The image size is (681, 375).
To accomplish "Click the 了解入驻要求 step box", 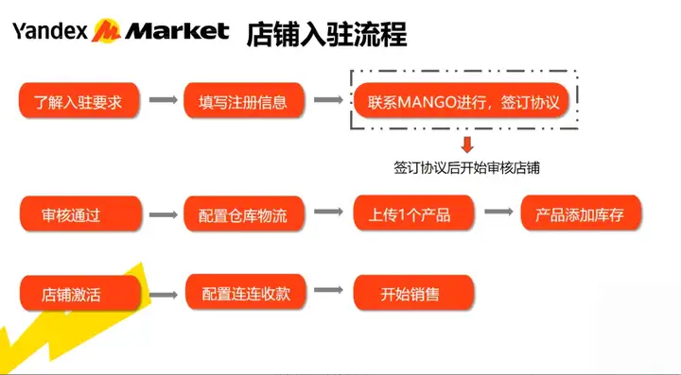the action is [x=79, y=100].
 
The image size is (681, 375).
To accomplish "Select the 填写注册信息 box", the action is [x=244, y=100].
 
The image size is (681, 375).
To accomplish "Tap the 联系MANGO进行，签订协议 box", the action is [x=462, y=100].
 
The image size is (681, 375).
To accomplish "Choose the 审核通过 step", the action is [x=80, y=213].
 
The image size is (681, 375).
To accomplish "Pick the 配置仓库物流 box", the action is [x=244, y=213].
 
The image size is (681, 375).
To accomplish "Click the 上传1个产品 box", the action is [x=413, y=213].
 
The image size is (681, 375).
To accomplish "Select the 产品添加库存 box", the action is [x=581, y=213].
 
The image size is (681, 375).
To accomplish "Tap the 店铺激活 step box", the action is [x=80, y=294].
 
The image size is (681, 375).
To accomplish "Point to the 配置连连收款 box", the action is [x=246, y=292].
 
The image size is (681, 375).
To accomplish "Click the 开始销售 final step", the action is [x=413, y=293].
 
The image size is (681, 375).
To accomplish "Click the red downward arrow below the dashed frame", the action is [x=467, y=145].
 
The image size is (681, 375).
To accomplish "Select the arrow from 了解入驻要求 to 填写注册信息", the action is [x=164, y=100].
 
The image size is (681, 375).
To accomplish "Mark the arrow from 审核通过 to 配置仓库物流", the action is [x=164, y=214].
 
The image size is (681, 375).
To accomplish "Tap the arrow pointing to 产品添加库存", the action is [x=498, y=212].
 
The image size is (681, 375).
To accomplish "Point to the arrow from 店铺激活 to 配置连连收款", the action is [x=164, y=295].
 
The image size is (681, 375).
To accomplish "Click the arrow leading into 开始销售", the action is [x=328, y=290].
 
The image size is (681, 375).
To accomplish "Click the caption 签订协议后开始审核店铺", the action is [x=466, y=168].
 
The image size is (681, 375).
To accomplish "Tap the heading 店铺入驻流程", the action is [x=326, y=34].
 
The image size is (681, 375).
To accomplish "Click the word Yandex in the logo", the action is [x=49, y=31].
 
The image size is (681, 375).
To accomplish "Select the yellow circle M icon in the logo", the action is [x=106, y=30].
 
